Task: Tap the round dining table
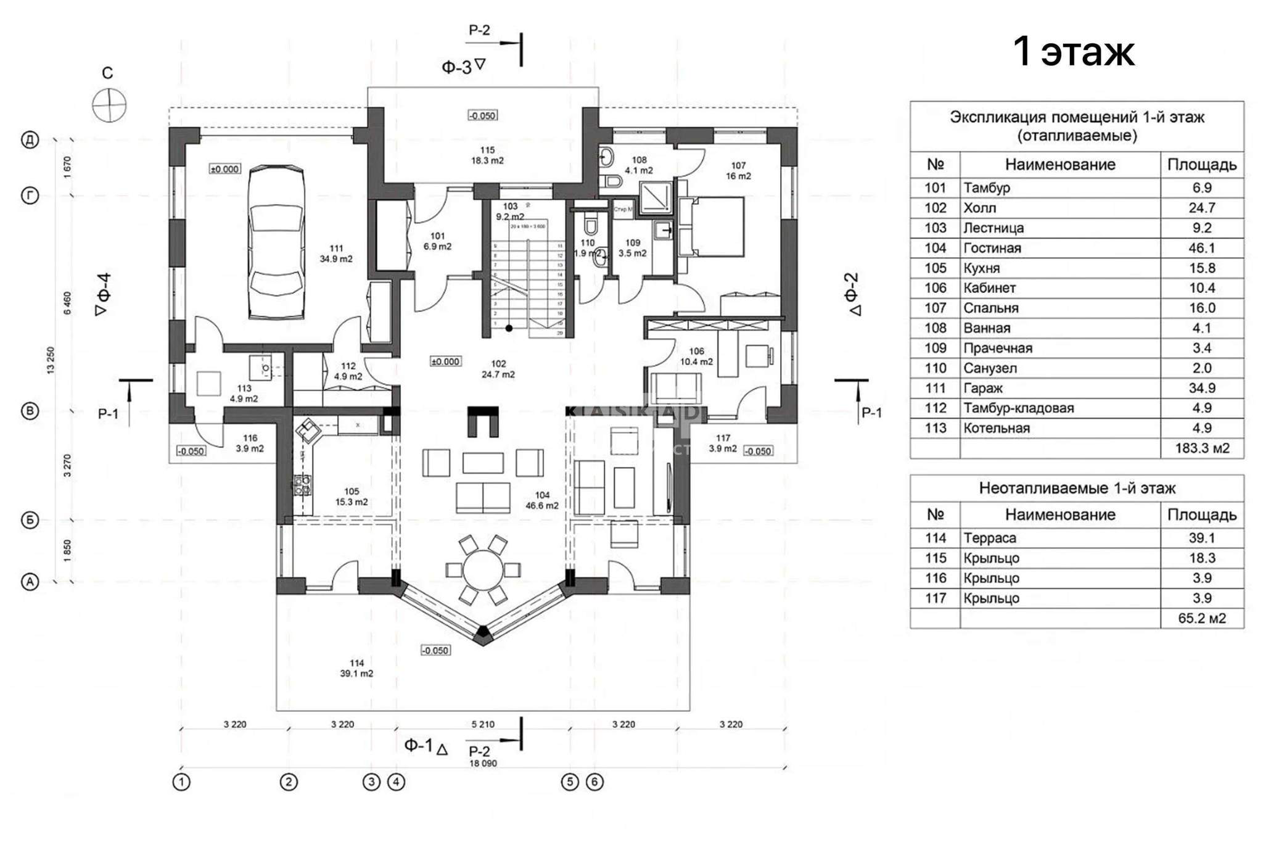(484, 569)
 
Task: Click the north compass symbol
(109, 105)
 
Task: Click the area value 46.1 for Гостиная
(1201, 248)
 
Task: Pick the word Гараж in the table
(983, 388)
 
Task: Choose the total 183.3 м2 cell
(1201, 448)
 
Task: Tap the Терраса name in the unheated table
(990, 538)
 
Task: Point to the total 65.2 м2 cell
(1201, 618)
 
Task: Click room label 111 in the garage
(336, 249)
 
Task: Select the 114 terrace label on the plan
(356, 664)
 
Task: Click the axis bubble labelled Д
(30, 140)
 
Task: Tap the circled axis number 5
(569, 782)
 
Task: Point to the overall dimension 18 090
(483, 763)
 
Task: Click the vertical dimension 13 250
(51, 360)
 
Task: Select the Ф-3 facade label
(458, 67)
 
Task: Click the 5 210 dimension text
(483, 724)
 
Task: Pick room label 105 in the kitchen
(352, 492)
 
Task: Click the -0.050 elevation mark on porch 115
(482, 115)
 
